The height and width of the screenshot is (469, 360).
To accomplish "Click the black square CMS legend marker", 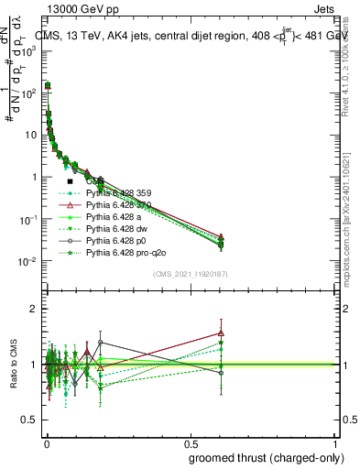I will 71,181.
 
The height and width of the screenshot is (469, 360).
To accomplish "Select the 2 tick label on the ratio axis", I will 34,309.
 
